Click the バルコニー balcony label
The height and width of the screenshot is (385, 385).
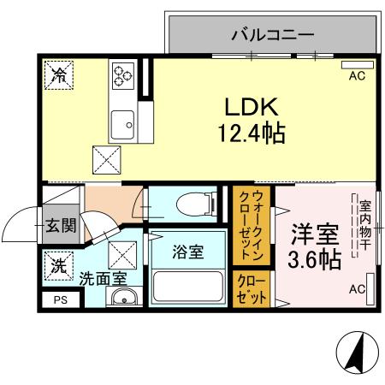[x=273, y=35]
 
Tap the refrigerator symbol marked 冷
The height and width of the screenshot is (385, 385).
[x=60, y=76]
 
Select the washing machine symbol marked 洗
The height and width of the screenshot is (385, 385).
[x=58, y=266]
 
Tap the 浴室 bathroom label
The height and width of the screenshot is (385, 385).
[x=187, y=253]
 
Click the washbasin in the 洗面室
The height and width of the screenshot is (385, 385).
[x=125, y=299]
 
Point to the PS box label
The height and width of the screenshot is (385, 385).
[x=60, y=299]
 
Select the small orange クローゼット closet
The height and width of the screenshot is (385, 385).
[x=252, y=288]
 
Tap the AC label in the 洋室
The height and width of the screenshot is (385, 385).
[x=357, y=290]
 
